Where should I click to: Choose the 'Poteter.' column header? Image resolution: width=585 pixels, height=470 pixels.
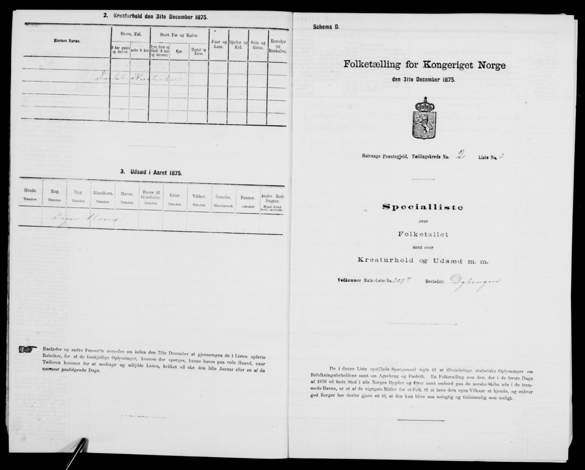[248, 200]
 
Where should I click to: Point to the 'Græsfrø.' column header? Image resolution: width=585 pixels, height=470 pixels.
[224, 200]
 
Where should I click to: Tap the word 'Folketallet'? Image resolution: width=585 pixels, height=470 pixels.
[421, 233]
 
